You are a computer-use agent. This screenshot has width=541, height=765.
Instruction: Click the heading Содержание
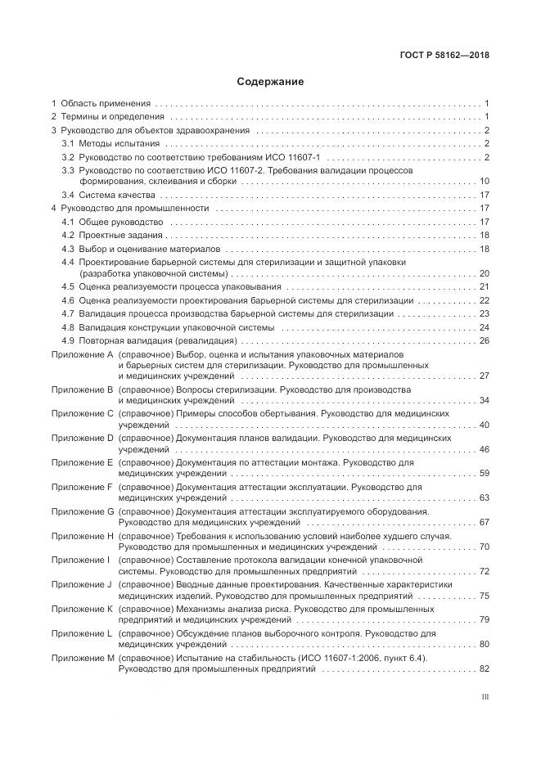point(270,82)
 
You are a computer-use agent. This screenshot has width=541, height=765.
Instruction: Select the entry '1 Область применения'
point(101,104)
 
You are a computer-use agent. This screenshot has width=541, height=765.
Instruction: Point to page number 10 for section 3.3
point(484,181)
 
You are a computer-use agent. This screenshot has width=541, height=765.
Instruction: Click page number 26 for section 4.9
point(484,340)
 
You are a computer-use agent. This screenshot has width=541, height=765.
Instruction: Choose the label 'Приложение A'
point(82,353)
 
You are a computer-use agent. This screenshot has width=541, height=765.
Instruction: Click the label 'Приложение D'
point(82,438)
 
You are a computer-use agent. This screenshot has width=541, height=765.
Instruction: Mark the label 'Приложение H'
point(82,535)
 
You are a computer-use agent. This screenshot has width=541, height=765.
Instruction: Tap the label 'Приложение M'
point(82,658)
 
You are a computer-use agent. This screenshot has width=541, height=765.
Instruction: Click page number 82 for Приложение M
point(484,669)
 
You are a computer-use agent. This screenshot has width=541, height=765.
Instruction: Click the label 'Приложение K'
point(82,609)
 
